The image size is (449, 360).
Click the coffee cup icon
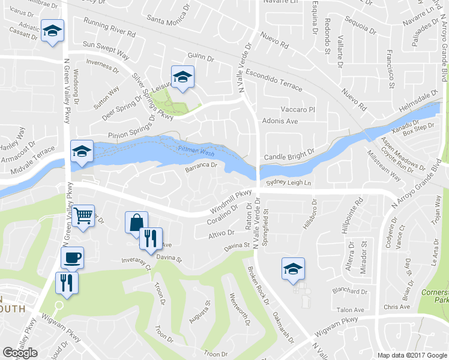point(72,257)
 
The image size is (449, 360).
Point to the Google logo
point(20,353)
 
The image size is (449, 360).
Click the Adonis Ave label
point(280,121)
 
